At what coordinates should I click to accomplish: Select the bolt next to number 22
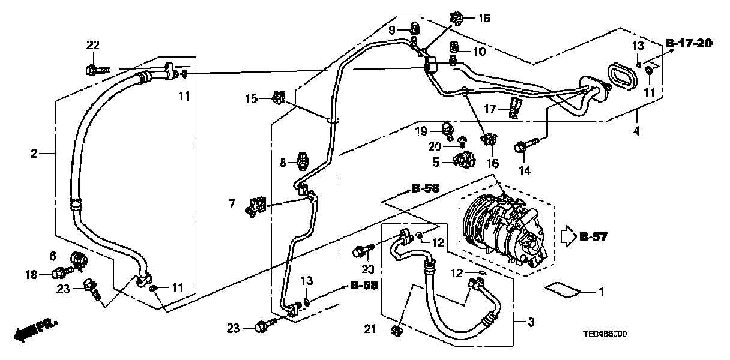click(x=96, y=70)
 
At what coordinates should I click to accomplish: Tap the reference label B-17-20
click(x=689, y=43)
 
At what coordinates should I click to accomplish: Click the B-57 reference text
click(x=594, y=236)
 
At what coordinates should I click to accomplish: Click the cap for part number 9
click(x=414, y=28)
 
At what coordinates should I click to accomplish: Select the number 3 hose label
click(x=530, y=323)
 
